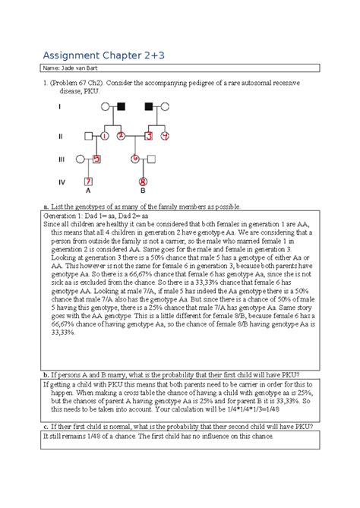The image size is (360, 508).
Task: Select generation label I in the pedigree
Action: (60, 106)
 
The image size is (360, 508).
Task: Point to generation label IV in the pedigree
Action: (62, 182)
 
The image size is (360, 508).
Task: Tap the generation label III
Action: (62, 159)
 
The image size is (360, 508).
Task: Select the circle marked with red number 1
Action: (105, 136)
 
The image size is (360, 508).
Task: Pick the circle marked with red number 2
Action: (122, 136)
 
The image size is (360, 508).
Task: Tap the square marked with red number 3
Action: (150, 136)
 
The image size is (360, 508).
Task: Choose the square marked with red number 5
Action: (96, 159)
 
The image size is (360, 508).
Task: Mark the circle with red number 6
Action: (135, 159)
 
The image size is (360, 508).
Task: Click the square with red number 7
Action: (89, 182)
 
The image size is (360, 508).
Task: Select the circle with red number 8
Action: (143, 182)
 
